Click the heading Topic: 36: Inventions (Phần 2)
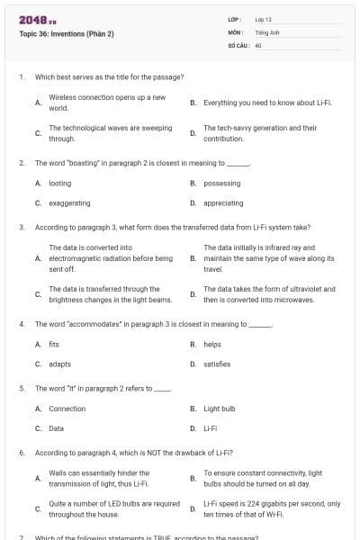[x=67, y=34]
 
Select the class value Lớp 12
[x=263, y=18]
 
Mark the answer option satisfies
[x=217, y=364]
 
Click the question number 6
[x=21, y=452]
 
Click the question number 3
[x=21, y=228]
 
